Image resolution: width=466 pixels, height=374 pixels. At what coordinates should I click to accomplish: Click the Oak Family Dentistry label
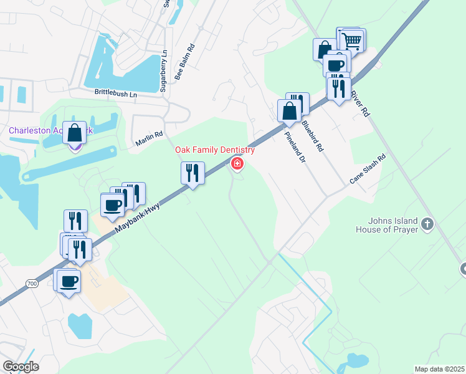tap(215, 150)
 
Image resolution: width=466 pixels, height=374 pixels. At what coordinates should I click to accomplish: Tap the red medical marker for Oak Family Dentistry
tap(237, 164)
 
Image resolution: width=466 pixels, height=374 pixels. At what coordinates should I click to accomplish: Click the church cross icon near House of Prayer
tap(427, 223)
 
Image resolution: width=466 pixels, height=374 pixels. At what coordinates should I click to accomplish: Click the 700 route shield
tap(32, 284)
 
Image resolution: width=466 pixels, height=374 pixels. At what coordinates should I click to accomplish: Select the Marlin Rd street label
tap(149, 138)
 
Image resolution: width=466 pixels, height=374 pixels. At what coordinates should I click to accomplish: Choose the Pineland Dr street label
tap(296, 147)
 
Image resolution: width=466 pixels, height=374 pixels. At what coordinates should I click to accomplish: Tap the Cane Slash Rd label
tap(368, 168)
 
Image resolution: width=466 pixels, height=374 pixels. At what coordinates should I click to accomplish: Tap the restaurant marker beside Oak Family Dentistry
tap(193, 173)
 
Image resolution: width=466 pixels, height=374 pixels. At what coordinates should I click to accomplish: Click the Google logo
tap(21, 367)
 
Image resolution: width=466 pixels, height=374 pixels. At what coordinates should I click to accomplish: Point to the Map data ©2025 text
tap(439, 369)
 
